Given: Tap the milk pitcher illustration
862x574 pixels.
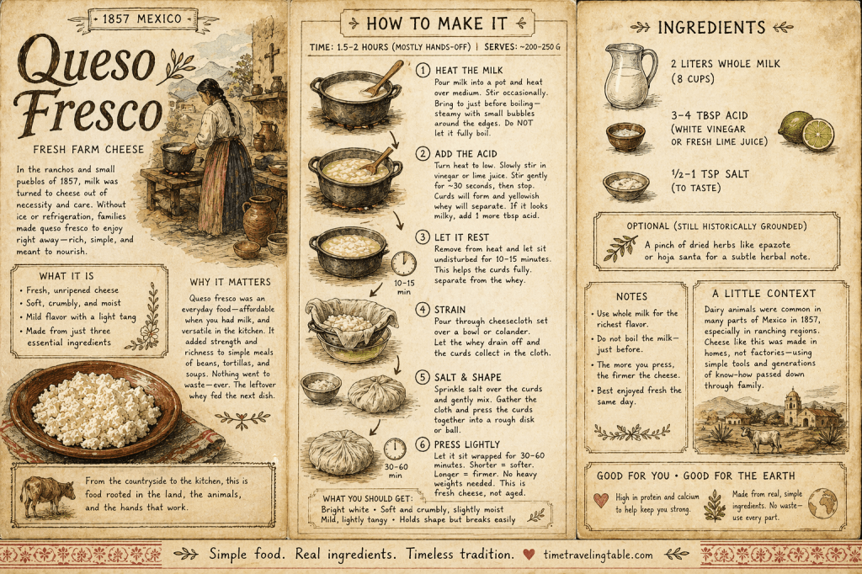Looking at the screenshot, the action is [631, 77].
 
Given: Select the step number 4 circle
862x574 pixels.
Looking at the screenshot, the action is [423, 310].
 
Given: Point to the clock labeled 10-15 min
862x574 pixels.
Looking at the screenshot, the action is [404, 263].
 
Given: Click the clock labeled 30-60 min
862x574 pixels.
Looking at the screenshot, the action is [395, 449].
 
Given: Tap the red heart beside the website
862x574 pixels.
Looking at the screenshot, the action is [529, 554].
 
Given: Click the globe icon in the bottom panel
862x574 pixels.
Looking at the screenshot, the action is [822, 502].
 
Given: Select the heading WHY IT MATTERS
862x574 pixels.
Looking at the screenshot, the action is [231, 282].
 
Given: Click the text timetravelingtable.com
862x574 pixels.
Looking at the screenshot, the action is [599, 555].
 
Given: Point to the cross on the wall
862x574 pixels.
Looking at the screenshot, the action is [272, 56].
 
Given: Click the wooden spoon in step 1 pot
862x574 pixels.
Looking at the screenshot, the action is [383, 78].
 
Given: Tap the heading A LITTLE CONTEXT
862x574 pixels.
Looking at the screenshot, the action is [764, 294].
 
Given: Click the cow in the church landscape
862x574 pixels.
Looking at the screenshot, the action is [761, 439].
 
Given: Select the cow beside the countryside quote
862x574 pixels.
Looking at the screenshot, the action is [47, 495].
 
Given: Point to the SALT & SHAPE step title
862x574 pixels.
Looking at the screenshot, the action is [467, 378].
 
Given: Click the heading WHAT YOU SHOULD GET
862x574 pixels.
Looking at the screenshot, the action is [367, 499].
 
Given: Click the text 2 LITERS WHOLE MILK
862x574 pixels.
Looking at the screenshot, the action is [725, 64].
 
